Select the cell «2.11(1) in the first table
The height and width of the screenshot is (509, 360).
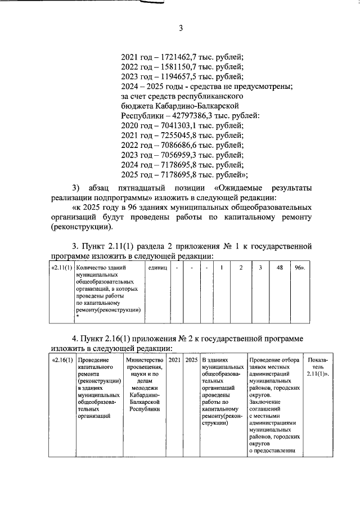point(61,268)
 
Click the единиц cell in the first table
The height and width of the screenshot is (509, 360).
point(157,268)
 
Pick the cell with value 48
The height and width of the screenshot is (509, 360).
point(278,268)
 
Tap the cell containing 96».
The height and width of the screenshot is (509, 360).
point(299,268)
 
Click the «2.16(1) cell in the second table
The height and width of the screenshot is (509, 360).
point(61,359)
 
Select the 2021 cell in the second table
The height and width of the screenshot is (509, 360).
point(174,359)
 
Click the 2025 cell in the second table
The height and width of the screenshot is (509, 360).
point(191,359)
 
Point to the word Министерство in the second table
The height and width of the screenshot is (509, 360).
point(145,359)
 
